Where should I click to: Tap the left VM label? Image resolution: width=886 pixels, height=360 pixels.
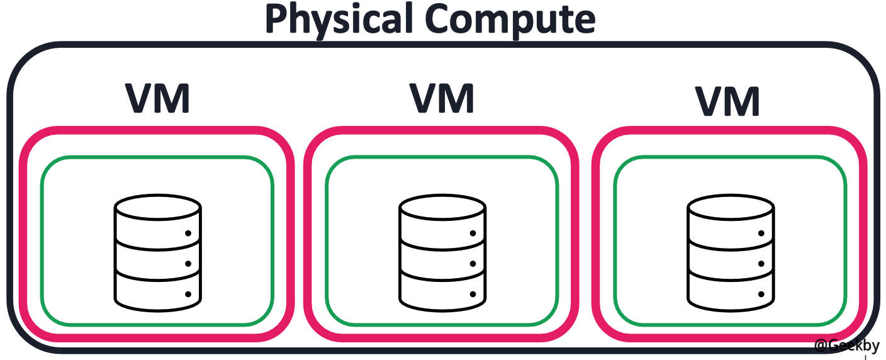(157, 99)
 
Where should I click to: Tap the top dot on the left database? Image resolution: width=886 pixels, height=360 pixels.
(188, 233)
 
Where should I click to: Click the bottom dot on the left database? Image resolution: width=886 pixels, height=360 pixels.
(188, 294)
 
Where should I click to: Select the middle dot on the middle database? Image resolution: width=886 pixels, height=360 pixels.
(473, 264)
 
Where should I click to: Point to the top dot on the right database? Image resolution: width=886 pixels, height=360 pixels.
(760, 233)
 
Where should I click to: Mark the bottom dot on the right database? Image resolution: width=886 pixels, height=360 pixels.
(760, 294)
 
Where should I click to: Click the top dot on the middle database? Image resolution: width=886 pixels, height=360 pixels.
(473, 233)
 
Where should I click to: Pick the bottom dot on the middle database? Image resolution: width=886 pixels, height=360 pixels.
(473, 294)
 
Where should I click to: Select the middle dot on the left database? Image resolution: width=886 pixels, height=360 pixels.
(188, 264)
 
